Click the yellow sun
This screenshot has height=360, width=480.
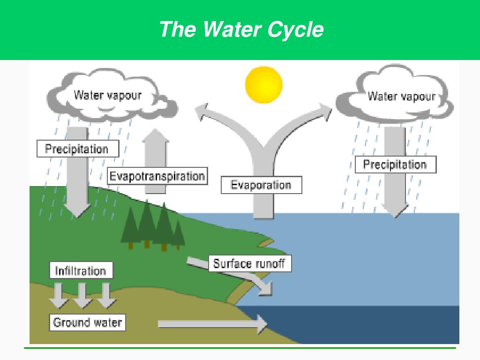point(263,84)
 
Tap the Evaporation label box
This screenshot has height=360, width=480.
point(262,185)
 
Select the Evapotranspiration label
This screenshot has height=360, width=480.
point(157,176)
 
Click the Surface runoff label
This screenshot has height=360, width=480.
point(250,263)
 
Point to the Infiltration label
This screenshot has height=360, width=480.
point(81,270)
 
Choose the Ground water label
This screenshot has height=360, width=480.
point(88,322)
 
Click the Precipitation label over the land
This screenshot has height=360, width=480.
point(78,149)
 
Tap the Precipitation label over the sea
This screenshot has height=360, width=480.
point(396,165)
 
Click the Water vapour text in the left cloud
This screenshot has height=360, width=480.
point(108,95)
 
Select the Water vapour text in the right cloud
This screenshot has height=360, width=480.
point(402,97)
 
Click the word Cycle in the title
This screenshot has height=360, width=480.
point(295,30)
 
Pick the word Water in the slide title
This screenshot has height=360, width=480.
point(232,30)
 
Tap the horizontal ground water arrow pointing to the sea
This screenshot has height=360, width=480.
point(213,324)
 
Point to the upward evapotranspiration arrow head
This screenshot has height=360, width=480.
point(156,135)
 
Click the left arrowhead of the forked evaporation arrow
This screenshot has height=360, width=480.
point(202,111)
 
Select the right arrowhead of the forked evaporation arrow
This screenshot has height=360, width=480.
point(325,112)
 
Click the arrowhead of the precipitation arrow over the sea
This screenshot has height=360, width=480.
point(395,210)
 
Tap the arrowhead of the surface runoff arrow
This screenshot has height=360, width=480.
point(266,288)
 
